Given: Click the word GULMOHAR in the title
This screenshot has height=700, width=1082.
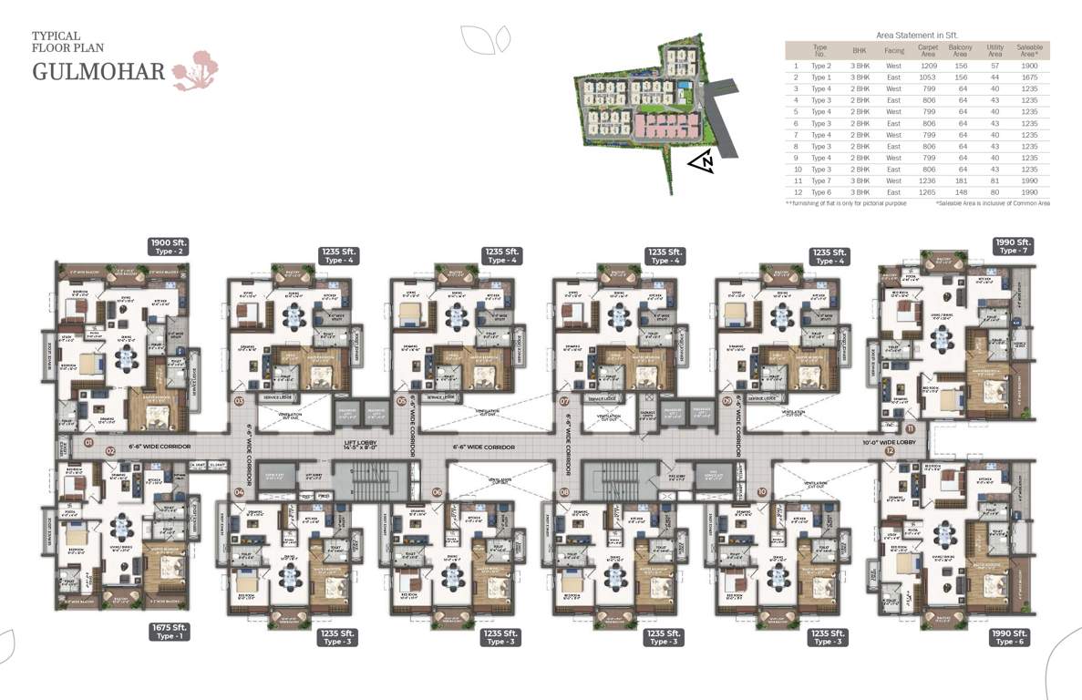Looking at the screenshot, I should point(98,71).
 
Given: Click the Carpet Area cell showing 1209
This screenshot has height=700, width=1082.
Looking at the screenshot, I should point(928,66).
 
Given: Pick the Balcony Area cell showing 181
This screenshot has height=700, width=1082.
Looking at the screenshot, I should point(961,180).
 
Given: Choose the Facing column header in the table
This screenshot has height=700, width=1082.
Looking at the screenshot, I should point(893,50).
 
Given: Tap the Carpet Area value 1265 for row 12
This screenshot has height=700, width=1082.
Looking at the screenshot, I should point(928,192).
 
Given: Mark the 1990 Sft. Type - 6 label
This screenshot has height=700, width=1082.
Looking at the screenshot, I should point(1010,637).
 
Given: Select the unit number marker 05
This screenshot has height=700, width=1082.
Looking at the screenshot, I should point(401,400).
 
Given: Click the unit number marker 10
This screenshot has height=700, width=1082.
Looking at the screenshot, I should point(761,492).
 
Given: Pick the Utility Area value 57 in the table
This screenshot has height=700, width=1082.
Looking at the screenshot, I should point(995,66).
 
